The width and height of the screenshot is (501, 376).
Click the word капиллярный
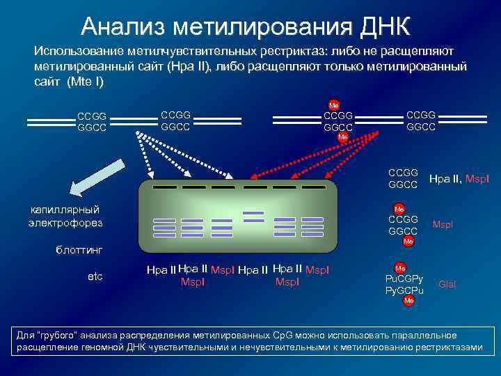pos(65,210)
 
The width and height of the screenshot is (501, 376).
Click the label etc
pos(95,276)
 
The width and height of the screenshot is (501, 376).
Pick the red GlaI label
pos(447,284)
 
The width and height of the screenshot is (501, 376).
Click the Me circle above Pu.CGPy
pos(400,267)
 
